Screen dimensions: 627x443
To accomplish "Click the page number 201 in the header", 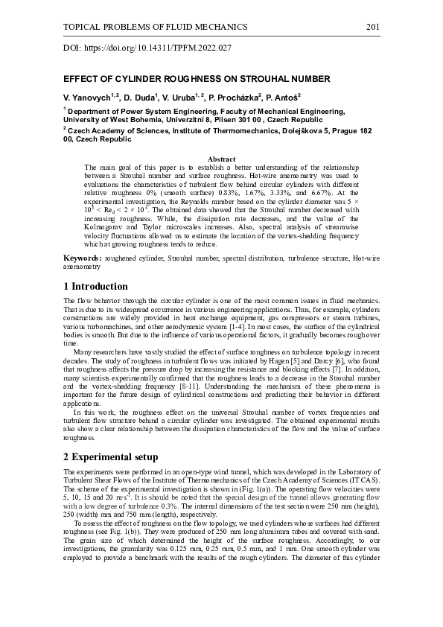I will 373,28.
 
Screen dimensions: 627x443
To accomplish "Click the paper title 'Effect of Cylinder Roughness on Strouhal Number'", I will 197,78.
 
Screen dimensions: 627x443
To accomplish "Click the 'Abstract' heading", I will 221,159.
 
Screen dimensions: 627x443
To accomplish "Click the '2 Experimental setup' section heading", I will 111,456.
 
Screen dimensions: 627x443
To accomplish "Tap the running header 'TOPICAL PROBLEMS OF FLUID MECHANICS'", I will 156,28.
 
